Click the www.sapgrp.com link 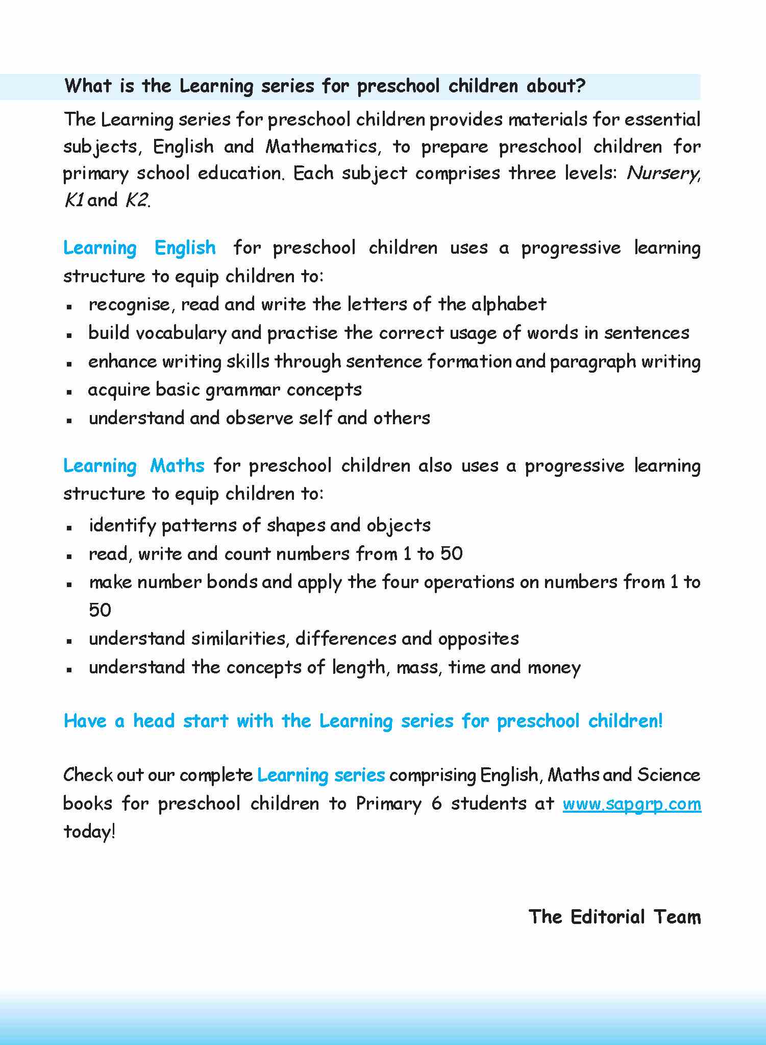(632, 804)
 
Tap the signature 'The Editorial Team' (614, 917)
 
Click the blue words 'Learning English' (139, 248)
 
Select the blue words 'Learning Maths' (134, 466)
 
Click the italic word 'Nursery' (662, 174)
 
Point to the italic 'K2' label (136, 200)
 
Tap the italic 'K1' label (74, 200)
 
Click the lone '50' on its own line (100, 610)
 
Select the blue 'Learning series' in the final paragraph (321, 775)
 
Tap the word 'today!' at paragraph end (89, 832)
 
